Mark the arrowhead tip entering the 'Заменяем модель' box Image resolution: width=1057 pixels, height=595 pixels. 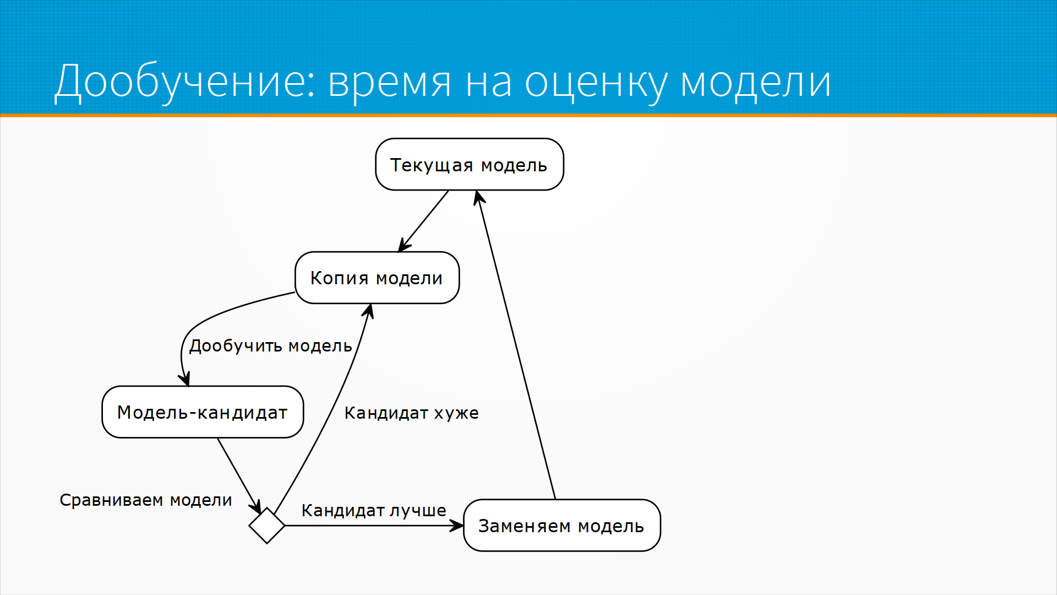tap(463, 526)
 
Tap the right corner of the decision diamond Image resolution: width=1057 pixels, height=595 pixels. tap(285, 526)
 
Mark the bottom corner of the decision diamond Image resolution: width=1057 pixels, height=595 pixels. tap(267, 544)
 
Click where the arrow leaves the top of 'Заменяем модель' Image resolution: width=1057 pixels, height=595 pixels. tap(555, 499)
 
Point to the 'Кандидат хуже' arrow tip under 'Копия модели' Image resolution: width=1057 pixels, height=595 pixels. tap(371, 304)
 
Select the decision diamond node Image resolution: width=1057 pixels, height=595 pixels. tap(267, 526)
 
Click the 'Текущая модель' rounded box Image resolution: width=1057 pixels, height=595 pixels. tap(470, 164)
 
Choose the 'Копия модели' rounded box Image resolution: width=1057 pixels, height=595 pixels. tap(377, 278)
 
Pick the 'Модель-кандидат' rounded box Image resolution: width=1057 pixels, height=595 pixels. tap(203, 412)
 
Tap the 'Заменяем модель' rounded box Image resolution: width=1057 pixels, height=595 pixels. tap(562, 526)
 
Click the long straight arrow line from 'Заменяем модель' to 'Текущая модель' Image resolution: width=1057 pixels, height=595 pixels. tap(516, 345)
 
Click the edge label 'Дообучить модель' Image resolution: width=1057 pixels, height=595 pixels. tap(270, 346)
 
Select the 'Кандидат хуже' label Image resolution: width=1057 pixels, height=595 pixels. tap(411, 413)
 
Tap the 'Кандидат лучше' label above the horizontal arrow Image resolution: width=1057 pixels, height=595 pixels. tap(374, 511)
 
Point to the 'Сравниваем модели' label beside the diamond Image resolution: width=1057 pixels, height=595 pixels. tap(146, 500)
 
